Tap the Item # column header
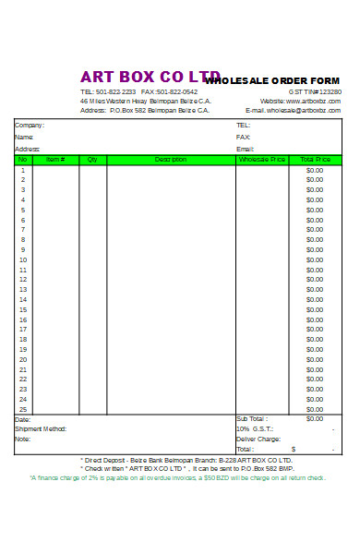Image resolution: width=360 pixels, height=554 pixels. click(x=55, y=160)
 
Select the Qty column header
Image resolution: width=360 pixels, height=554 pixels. click(x=92, y=160)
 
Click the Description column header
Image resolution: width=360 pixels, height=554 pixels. click(x=171, y=160)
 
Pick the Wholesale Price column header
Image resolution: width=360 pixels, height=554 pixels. click(x=262, y=160)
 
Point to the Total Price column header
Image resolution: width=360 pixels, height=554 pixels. click(x=315, y=160)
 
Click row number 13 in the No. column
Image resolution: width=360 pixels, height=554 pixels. click(x=23, y=290)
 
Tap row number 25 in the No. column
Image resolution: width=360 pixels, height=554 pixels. click(x=23, y=409)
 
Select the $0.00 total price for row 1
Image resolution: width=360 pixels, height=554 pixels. click(x=315, y=170)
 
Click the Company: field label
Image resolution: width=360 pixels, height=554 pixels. click(x=30, y=125)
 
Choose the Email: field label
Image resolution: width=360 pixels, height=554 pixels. click(x=245, y=149)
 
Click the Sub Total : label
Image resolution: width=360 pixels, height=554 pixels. click(x=251, y=419)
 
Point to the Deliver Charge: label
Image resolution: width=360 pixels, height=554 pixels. click(x=258, y=439)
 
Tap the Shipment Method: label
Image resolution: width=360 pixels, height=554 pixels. click(x=41, y=428)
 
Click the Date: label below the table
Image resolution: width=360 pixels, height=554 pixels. click(x=22, y=419)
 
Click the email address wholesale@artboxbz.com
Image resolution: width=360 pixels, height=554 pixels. click(x=304, y=110)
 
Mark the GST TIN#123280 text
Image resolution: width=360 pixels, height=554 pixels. click(x=315, y=91)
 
